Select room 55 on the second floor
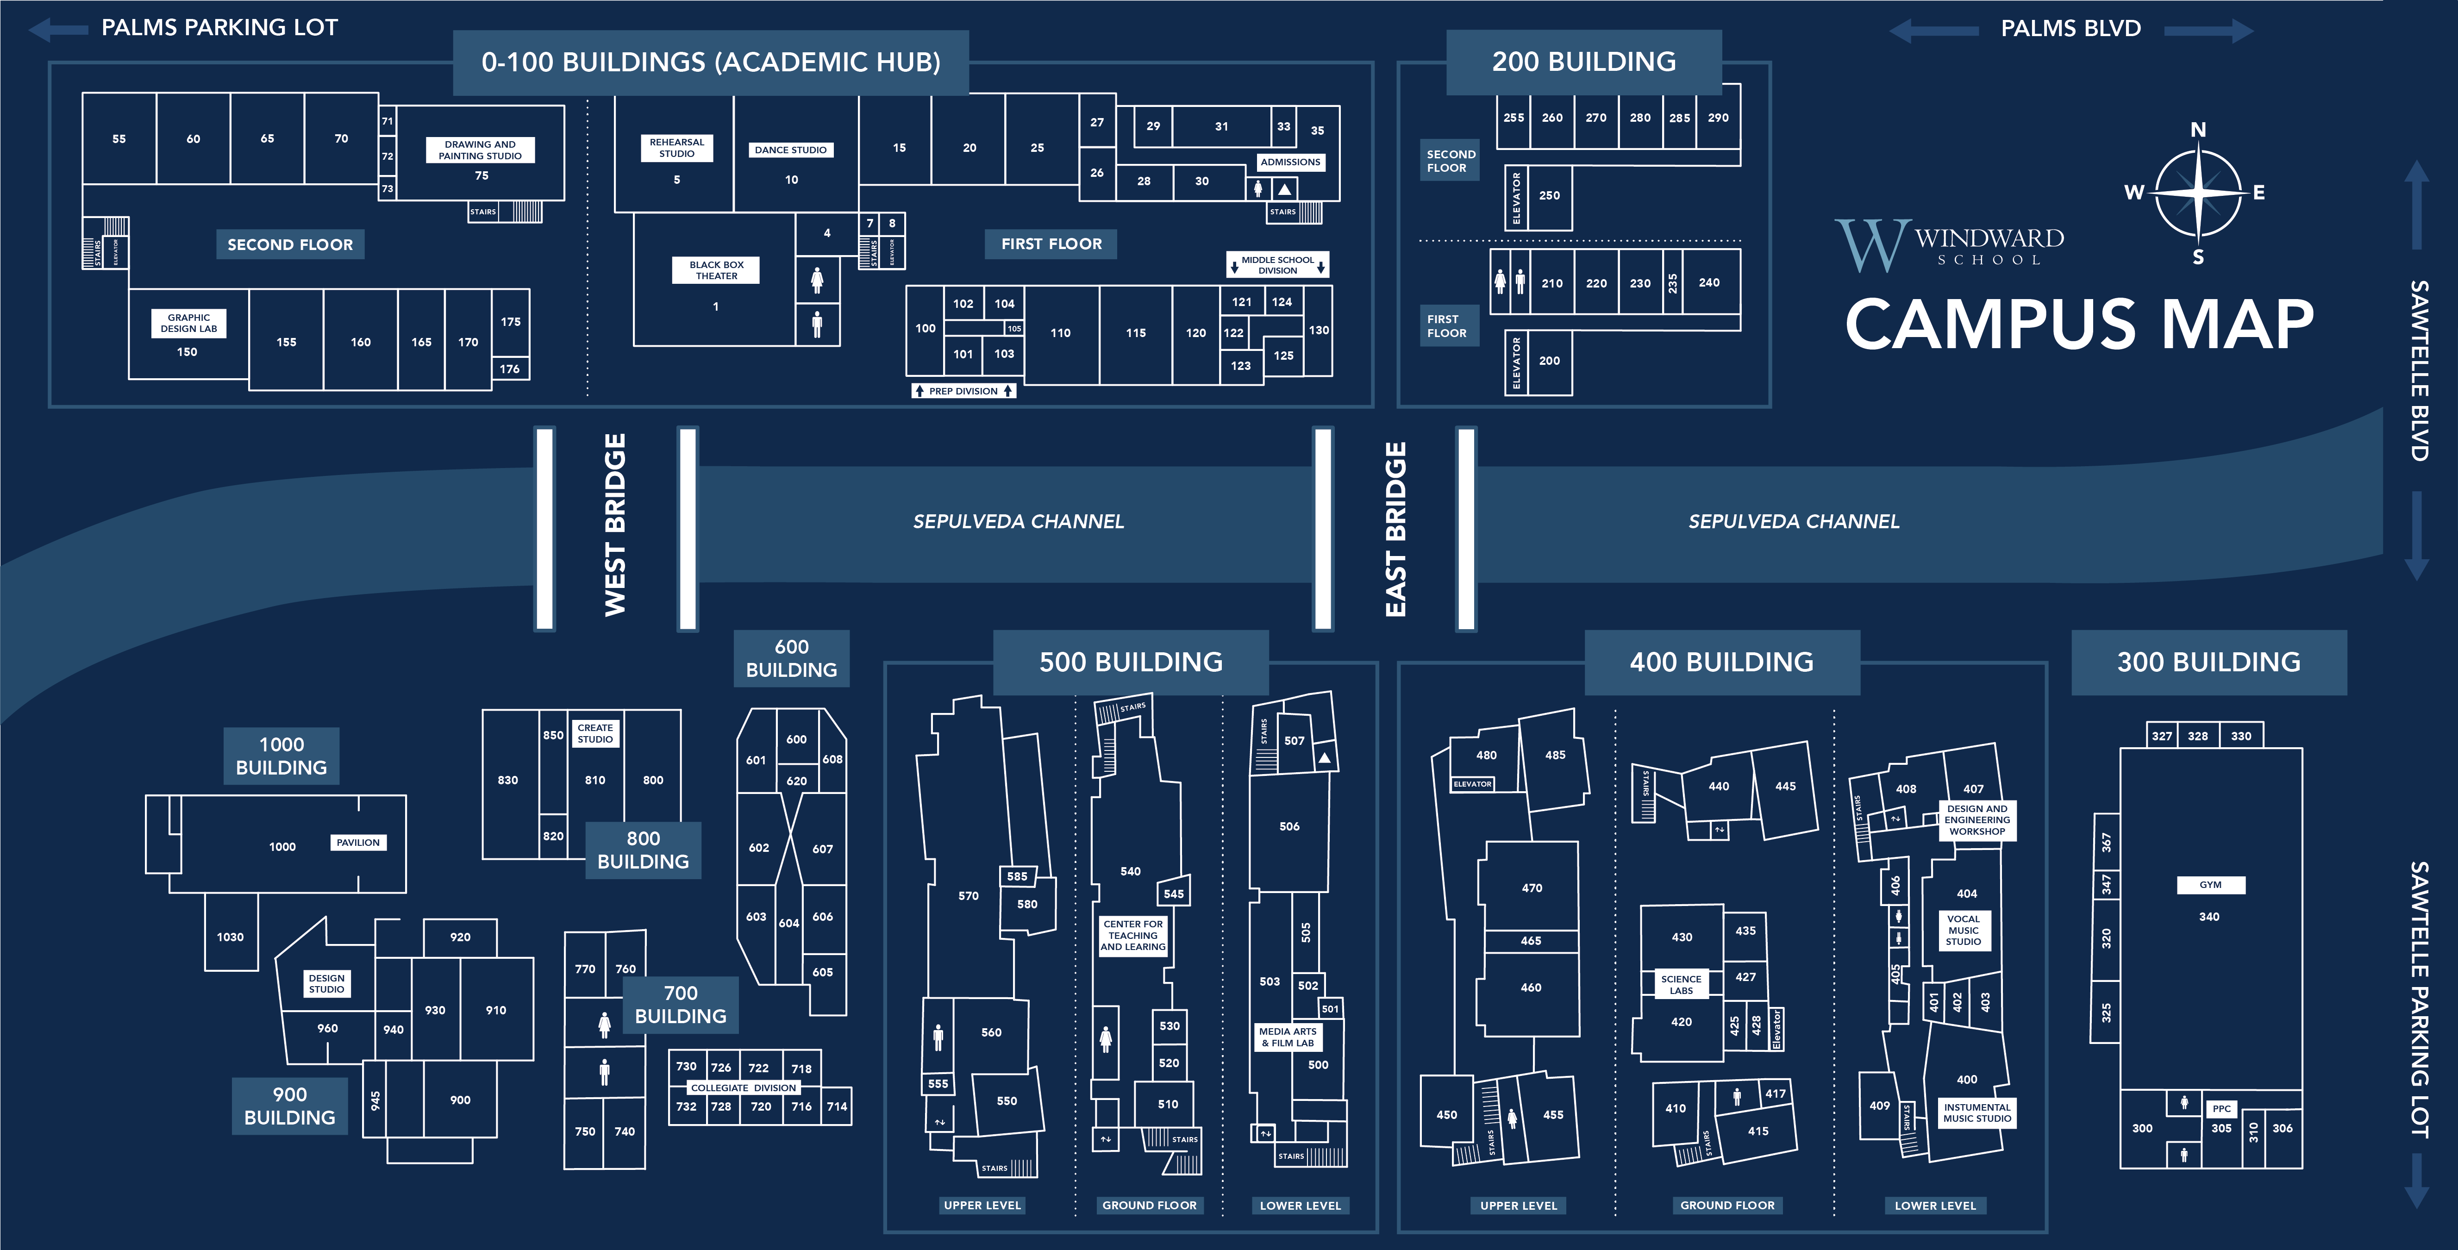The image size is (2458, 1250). pos(119,138)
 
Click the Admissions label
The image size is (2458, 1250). pos(1290,162)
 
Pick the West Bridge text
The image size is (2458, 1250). pos(615,525)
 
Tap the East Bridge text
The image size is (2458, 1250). pos(1395,530)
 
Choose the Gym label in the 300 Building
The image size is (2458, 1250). pos(2210,885)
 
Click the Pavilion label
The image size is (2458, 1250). pos(358,843)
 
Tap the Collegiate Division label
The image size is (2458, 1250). pos(743,1088)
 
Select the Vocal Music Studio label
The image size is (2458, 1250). pos(1964,931)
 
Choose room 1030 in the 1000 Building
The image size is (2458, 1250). pos(230,937)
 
